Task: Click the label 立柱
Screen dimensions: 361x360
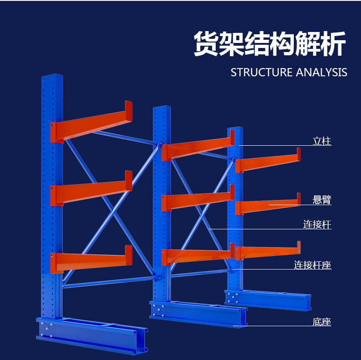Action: pos(322,141)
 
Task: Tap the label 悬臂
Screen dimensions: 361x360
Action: pos(322,200)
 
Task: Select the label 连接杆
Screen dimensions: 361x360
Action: pos(317,224)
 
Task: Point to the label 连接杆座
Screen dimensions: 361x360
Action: pos(313,265)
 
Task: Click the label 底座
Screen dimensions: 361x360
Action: pos(322,322)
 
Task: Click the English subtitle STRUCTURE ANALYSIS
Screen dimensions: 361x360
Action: pos(289,72)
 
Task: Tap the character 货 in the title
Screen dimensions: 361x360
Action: pos(206,44)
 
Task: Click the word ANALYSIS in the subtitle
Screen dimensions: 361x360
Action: pos(321,72)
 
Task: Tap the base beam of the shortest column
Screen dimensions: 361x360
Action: pos(268,300)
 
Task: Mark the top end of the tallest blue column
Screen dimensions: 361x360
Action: pos(52,76)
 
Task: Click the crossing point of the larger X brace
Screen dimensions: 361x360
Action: pos(113,212)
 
